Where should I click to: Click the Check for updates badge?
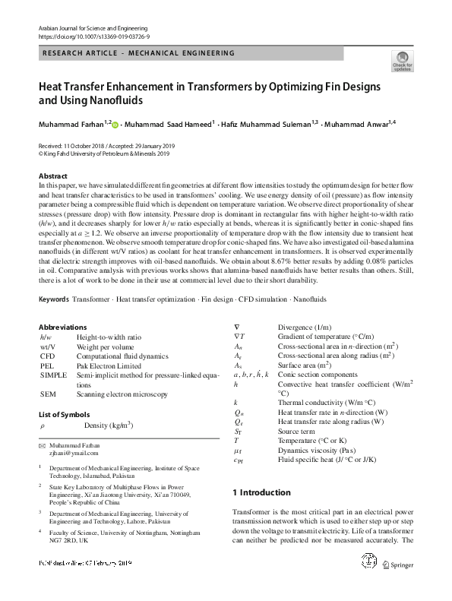[402, 60]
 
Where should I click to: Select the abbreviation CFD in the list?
[47, 365]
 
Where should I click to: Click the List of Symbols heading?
[66, 414]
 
